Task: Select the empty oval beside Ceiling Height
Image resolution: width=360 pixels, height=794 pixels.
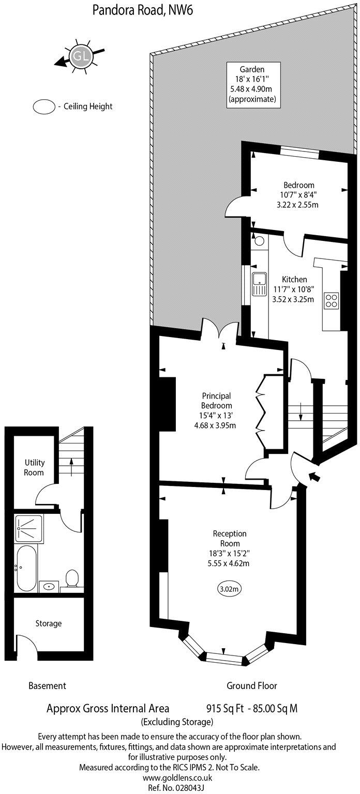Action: [x=44, y=107]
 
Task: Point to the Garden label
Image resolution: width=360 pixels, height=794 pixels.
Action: [x=252, y=69]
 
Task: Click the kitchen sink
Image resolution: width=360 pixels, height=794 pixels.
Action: [x=259, y=284]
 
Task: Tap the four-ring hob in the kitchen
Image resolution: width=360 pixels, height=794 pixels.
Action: [x=331, y=300]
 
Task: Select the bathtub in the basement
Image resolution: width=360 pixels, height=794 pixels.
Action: [x=26, y=568]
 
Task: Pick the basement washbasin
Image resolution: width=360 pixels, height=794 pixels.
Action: [x=50, y=586]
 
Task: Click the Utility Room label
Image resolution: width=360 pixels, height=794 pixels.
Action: [x=34, y=467]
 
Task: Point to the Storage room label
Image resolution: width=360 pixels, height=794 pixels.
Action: [x=48, y=623]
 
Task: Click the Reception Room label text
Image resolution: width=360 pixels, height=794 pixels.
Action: [x=230, y=538]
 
